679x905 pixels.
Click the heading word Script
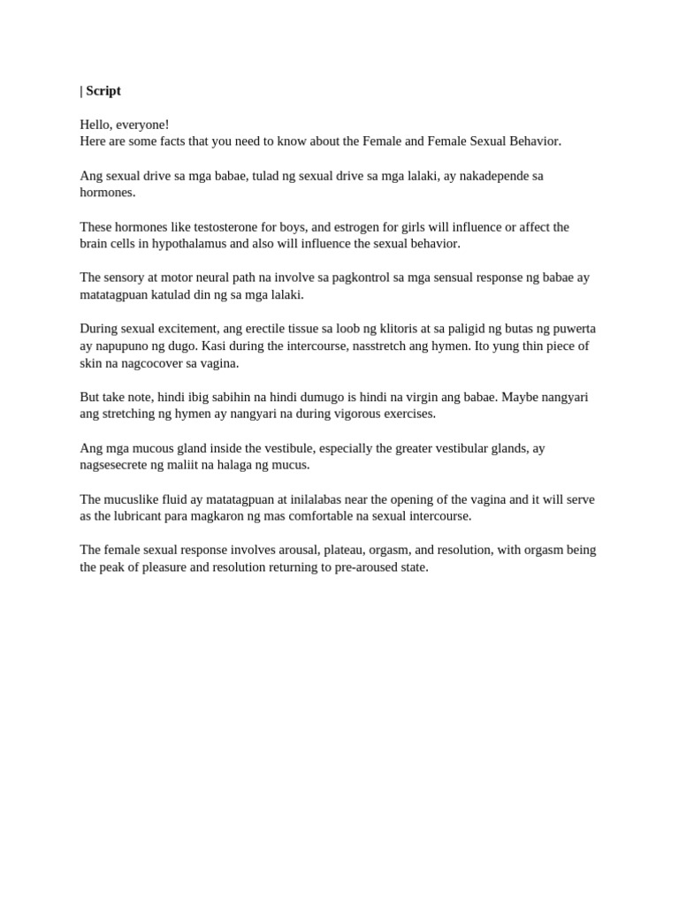click(103, 91)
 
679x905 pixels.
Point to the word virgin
click(443, 397)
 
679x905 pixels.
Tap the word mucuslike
click(134, 499)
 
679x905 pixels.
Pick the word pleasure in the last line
click(185, 567)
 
